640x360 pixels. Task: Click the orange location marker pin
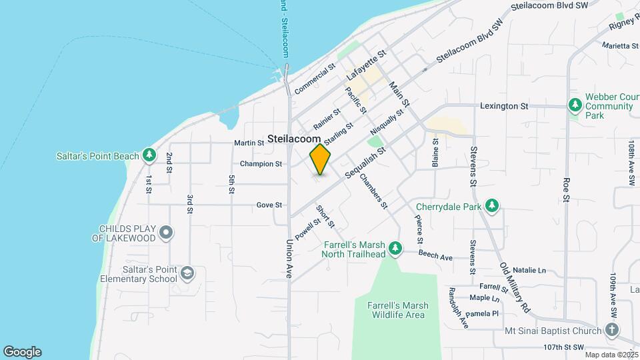(321, 159)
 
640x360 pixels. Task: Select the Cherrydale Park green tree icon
(493, 205)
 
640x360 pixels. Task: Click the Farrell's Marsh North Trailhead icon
(395, 248)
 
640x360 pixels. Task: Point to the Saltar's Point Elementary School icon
(189, 273)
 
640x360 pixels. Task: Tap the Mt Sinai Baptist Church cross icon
(612, 330)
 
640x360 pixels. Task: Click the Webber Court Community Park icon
(575, 105)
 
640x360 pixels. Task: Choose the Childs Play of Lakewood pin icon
(167, 233)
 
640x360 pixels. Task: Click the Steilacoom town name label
(294, 139)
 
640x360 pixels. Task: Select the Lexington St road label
(505, 106)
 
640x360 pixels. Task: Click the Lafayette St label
(367, 67)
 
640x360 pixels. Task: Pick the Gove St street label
(269, 205)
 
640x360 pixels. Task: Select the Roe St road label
(567, 189)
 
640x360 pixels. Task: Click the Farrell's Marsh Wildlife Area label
(398, 310)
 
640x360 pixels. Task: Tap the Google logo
(22, 352)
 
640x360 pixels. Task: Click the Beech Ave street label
(435, 255)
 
